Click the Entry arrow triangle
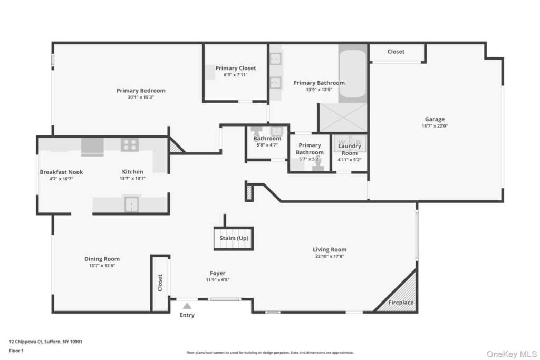pos(187,306)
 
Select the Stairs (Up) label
pos(234,238)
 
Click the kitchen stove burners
pos(130,144)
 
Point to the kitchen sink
pos(131,204)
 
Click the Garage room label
pos(435,119)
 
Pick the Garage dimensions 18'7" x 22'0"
pos(435,126)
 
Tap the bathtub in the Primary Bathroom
pos(352,74)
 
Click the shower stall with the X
pos(343,118)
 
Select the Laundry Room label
pos(350,149)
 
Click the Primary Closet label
pos(236,68)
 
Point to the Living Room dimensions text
pos(330,256)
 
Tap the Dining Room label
pos(102,259)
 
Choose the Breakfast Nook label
pos(61,172)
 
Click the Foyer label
pos(218,273)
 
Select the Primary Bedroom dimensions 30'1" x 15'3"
pos(141,98)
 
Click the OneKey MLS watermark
pos(512,354)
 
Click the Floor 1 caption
pos(16,351)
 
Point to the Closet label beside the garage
pos(396,52)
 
